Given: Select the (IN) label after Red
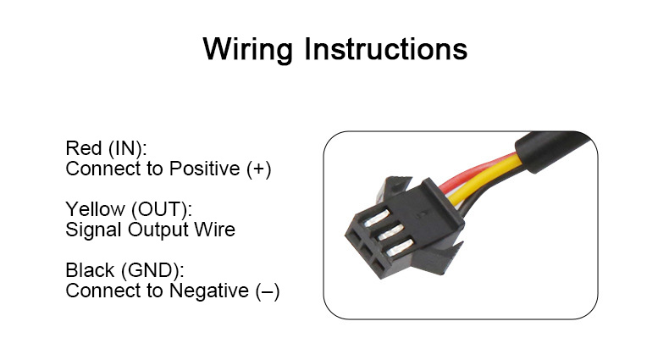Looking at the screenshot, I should (x=128, y=149).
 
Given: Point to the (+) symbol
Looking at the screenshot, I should (x=259, y=169).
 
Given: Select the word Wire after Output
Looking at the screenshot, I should (x=214, y=230).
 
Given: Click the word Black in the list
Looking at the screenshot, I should (x=90, y=272).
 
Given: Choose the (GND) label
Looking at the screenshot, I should (x=152, y=272).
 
